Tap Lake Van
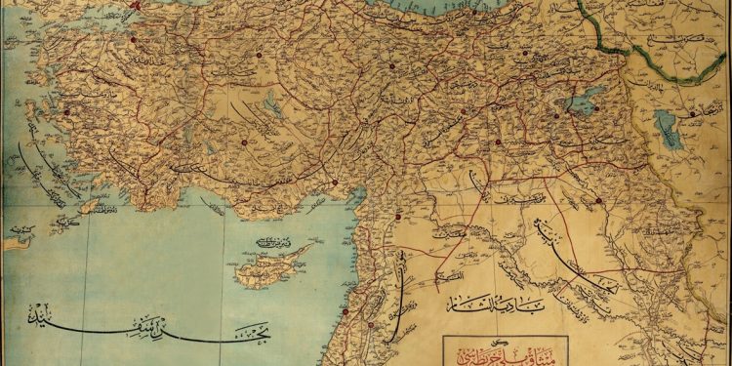583,104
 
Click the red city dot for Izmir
67,112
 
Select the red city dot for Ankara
259,55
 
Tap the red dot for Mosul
598,201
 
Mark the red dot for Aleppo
398,215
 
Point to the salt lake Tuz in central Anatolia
276,105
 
